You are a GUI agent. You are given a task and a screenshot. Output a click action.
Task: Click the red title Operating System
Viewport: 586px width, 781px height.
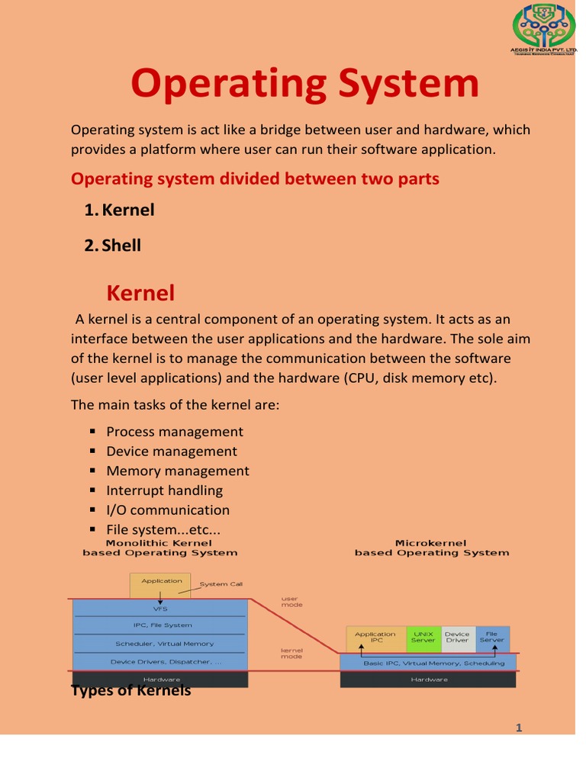coord(304,84)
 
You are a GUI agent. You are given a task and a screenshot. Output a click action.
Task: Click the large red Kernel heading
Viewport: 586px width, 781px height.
coord(140,293)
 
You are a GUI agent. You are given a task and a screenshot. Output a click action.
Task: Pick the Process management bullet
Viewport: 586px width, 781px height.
coord(175,432)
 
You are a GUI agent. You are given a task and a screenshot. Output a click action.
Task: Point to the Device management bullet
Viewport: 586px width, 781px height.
coord(172,452)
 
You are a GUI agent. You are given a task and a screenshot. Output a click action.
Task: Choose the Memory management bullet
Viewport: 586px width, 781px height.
coord(178,471)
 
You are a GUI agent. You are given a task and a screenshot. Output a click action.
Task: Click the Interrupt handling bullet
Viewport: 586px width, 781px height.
coord(165,490)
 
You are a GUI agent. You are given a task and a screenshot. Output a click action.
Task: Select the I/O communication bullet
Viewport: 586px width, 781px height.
coord(168,510)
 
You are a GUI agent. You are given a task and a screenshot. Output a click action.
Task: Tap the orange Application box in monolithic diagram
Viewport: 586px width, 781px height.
coord(161,585)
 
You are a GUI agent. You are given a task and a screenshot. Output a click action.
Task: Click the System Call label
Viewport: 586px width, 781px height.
coord(221,584)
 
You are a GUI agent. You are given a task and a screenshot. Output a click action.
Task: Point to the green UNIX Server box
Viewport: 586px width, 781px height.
coord(423,638)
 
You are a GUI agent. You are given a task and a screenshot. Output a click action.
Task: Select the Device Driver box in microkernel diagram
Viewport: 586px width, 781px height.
coord(457,638)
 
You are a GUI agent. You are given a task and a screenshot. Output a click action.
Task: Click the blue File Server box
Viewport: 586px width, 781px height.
coord(491,638)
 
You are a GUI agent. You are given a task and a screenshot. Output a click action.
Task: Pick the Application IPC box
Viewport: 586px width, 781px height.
coord(375,638)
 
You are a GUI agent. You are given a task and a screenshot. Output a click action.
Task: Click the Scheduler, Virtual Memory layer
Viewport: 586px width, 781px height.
coord(159,644)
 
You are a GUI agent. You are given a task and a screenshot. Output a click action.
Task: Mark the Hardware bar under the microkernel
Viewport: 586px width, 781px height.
coord(429,680)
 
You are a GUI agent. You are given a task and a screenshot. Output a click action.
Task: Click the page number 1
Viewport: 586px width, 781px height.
coord(519,728)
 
